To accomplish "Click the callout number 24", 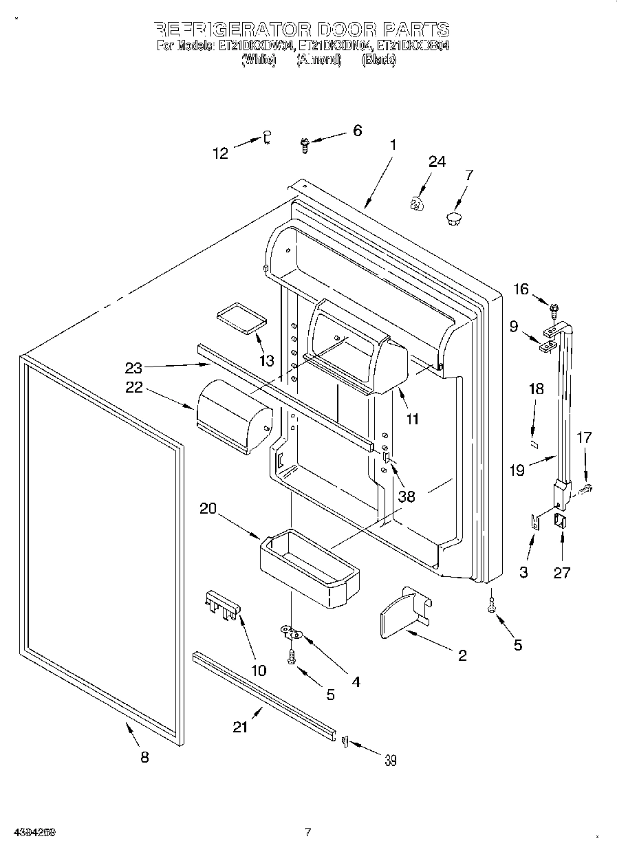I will click(437, 162).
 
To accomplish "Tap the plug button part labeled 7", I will click(453, 219).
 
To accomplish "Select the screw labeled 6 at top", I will click(305, 144).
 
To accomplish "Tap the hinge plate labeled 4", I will click(292, 631).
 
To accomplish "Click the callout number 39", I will click(390, 760).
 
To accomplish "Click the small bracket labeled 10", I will click(222, 605).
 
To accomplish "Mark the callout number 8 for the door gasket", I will click(144, 757).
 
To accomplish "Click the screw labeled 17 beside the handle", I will click(586, 489).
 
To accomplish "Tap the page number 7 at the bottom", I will click(307, 832).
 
